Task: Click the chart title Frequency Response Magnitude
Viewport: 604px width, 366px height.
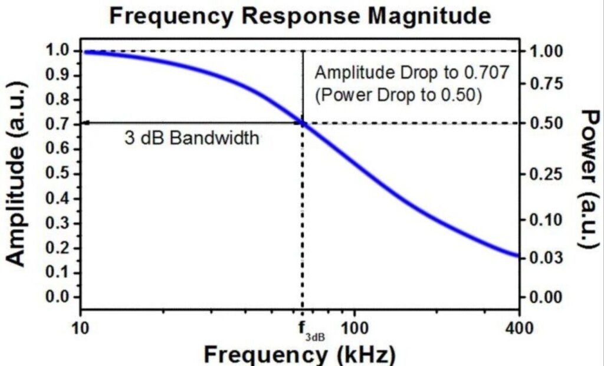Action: tap(300, 16)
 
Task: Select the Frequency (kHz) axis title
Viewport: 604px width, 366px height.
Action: tap(300, 355)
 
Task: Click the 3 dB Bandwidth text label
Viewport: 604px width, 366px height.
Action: tap(191, 139)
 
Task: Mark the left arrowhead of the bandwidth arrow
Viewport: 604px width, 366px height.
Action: tap(84, 123)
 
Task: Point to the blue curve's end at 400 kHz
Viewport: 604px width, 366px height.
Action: tap(517, 256)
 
